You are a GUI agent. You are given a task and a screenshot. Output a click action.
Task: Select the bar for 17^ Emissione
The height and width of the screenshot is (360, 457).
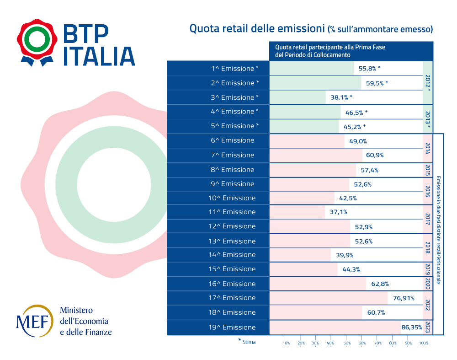(x=328, y=298)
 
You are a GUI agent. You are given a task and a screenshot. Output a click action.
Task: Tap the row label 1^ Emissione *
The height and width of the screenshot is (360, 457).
(x=234, y=69)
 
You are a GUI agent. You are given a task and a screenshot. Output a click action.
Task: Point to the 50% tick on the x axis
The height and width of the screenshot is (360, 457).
(x=347, y=343)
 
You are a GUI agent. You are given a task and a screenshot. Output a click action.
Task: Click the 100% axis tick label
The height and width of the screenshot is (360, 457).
(x=424, y=343)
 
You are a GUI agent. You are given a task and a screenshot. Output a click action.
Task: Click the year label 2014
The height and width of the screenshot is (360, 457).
(x=428, y=148)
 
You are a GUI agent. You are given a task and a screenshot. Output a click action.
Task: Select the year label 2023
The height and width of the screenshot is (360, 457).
(x=428, y=328)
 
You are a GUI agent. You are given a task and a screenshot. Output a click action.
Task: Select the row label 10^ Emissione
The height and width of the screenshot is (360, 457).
(x=232, y=198)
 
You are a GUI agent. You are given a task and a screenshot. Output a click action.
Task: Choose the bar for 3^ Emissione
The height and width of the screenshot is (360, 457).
(x=298, y=97)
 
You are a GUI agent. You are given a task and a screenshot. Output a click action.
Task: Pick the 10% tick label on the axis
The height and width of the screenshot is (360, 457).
(x=287, y=343)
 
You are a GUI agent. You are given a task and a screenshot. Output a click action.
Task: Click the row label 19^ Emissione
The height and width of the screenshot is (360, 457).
(x=232, y=328)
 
